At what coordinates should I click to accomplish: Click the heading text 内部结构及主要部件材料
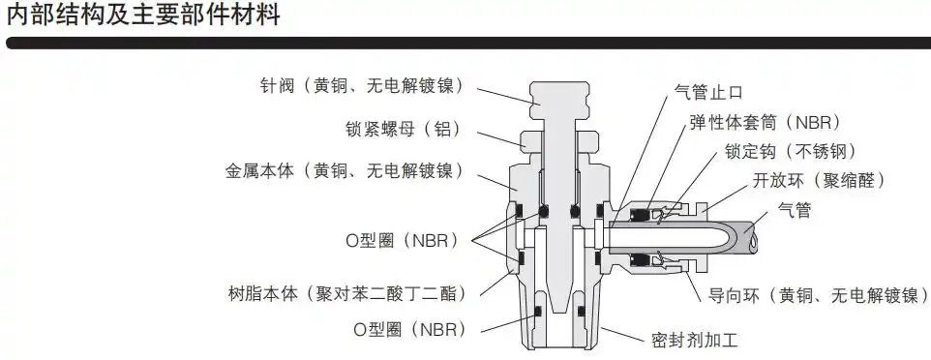[x=143, y=16]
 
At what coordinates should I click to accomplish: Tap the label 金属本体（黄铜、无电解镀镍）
[x=344, y=171]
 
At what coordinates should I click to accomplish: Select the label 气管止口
[x=708, y=93]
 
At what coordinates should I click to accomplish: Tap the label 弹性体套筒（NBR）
[x=765, y=123]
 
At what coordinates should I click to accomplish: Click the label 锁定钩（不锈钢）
[x=791, y=151]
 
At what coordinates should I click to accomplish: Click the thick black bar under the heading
[x=465, y=44]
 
